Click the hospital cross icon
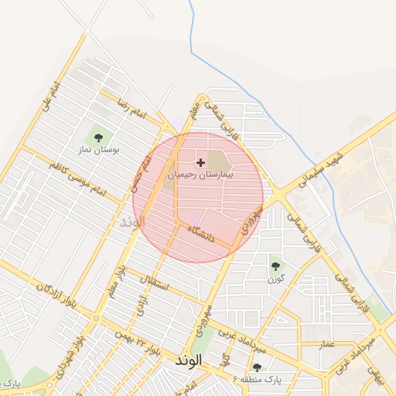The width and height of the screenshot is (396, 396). click(x=201, y=162)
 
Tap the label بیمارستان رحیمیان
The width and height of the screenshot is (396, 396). click(x=200, y=176)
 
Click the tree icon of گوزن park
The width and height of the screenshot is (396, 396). click(x=275, y=267)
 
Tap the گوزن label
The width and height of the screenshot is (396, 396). click(x=276, y=279)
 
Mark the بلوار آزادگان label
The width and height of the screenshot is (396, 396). click(x=55, y=295)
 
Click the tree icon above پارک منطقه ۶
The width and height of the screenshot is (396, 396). click(x=257, y=367)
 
